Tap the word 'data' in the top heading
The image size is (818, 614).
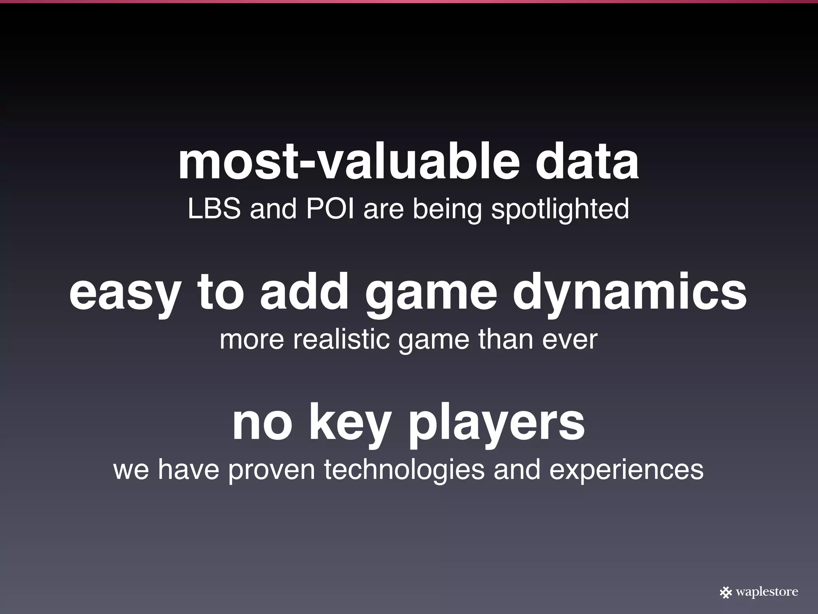[x=587, y=163]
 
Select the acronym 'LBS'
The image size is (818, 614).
[x=214, y=209]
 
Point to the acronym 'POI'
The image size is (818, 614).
[x=330, y=209]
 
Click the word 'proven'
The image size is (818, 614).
[x=272, y=470]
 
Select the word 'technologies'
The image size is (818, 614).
[x=404, y=470]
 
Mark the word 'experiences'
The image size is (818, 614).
[x=626, y=470]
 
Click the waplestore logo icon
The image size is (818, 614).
[x=725, y=592]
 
